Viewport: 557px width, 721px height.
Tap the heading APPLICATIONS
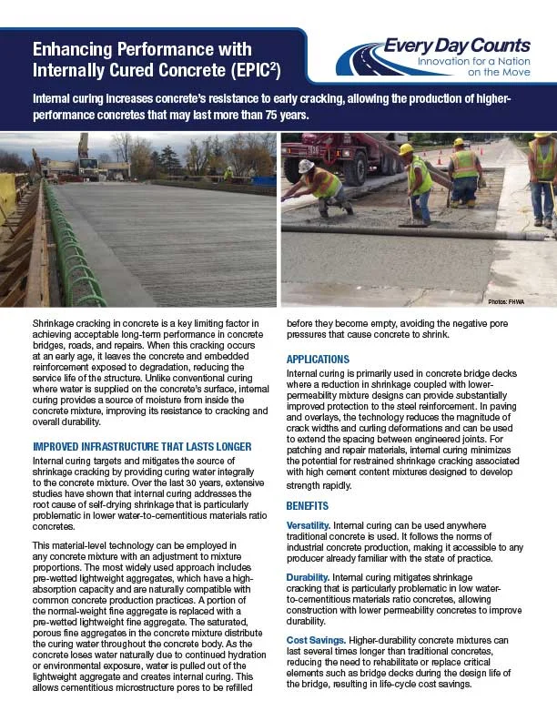(318, 360)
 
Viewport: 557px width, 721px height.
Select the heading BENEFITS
(308, 505)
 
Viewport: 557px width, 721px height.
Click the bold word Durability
(306, 577)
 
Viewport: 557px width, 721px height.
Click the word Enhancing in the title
(69, 48)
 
